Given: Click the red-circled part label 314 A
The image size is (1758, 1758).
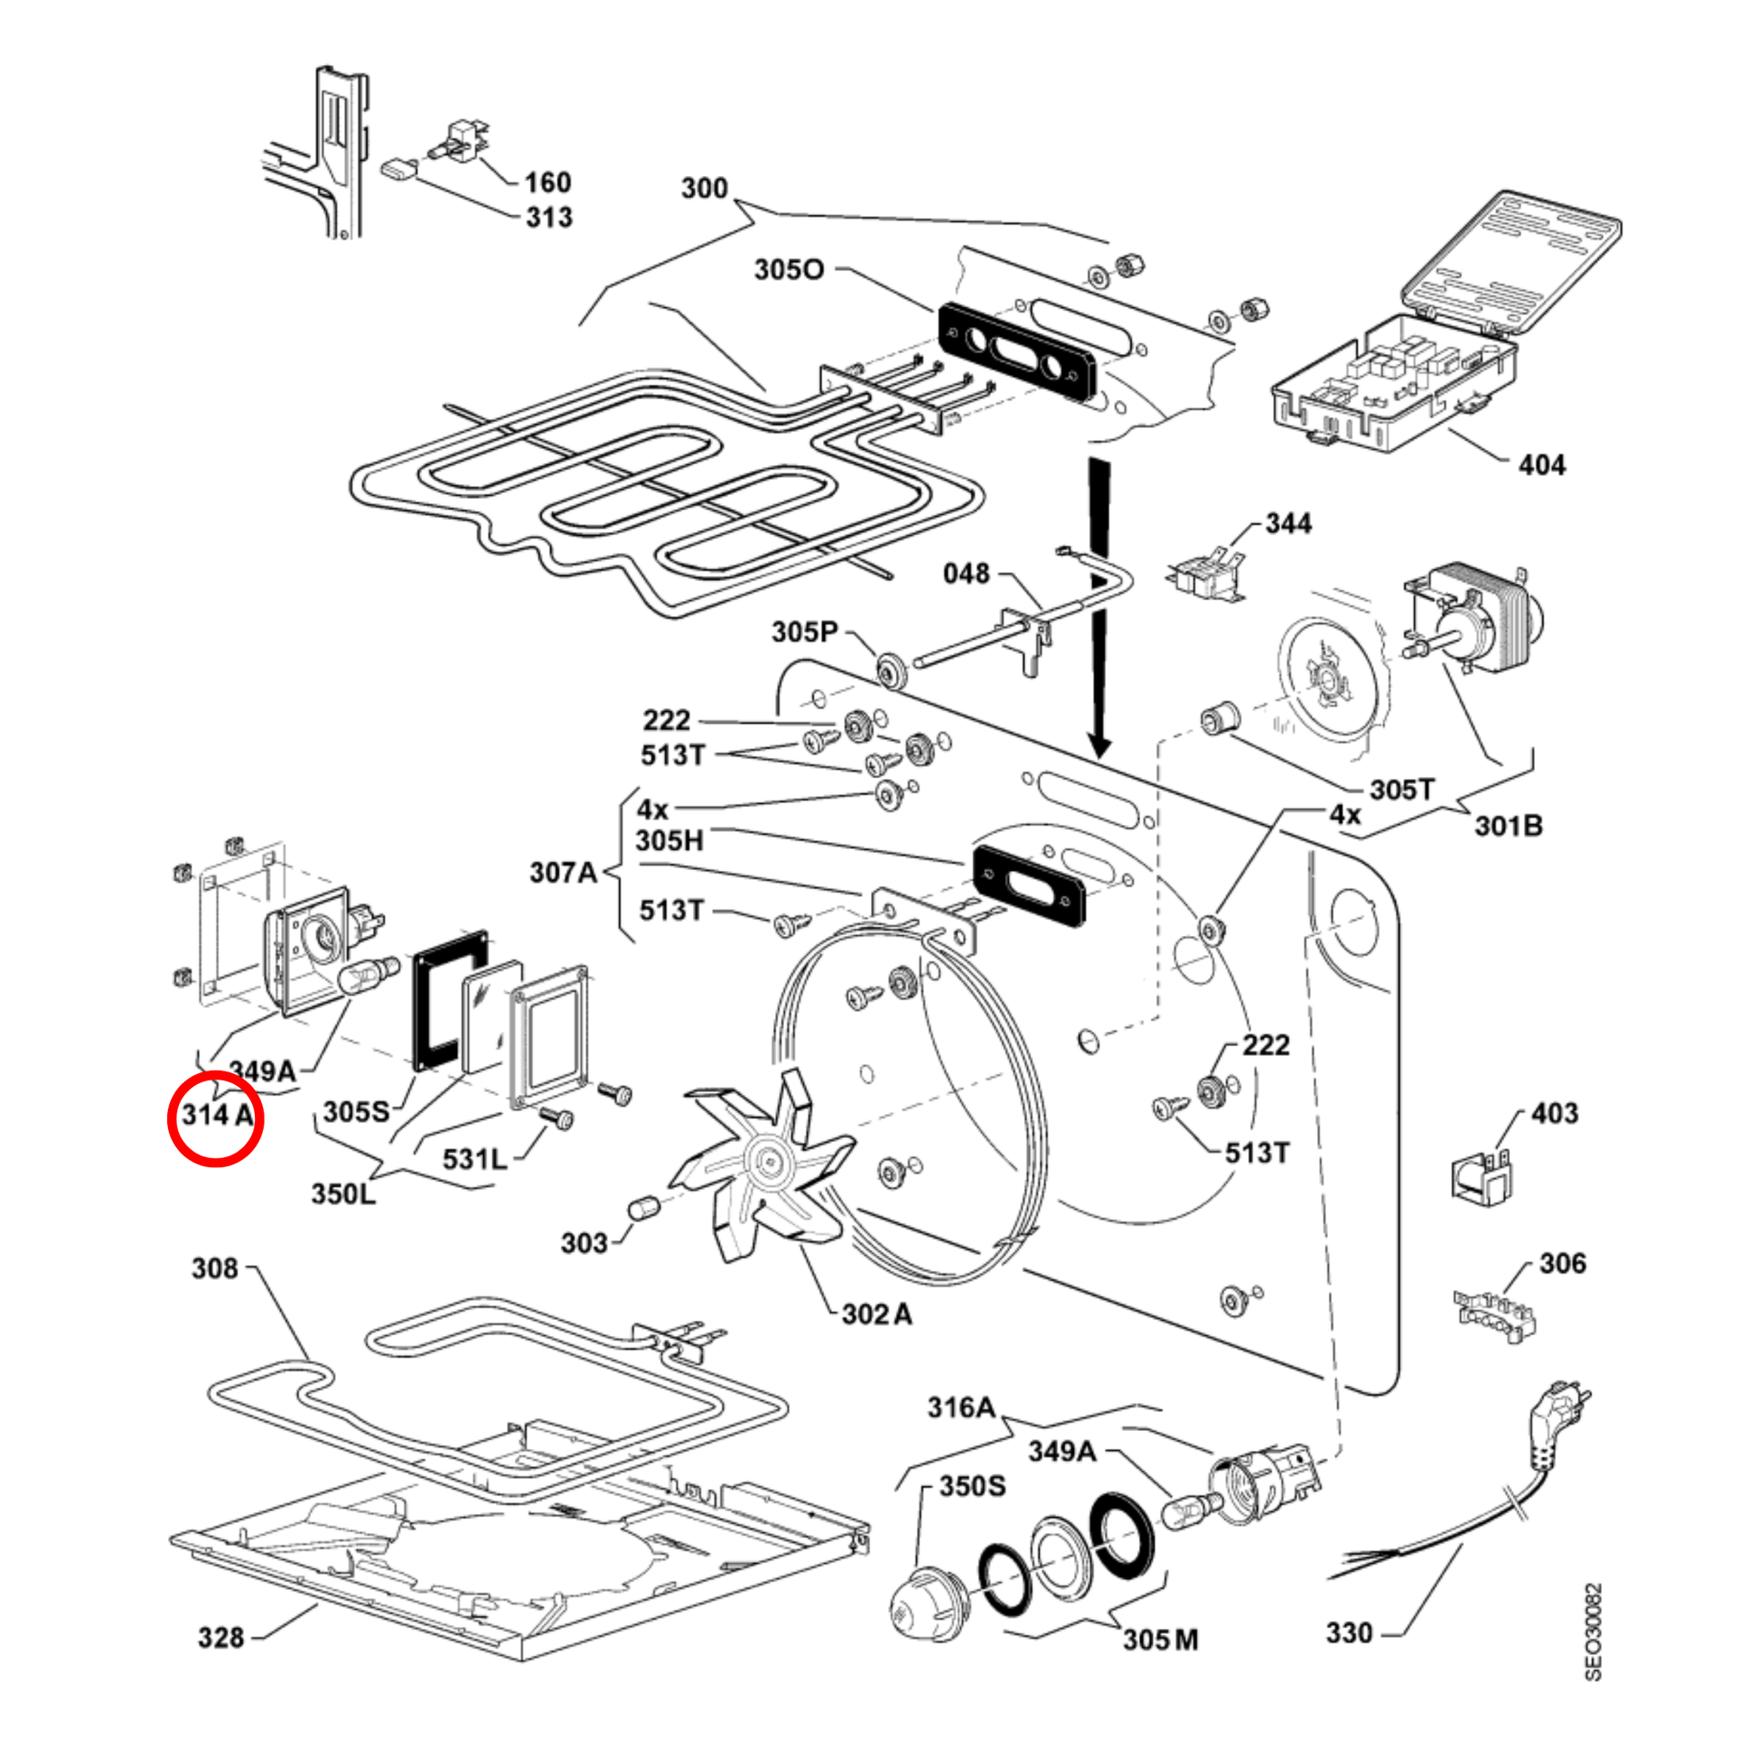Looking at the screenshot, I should coord(217,1115).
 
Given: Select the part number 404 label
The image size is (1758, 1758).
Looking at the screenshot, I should coord(1541,466).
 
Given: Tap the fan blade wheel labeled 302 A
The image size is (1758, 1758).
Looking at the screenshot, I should coord(762,1162).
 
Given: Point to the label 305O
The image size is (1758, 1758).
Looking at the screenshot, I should coord(789,270).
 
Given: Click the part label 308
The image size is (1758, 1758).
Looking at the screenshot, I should coord(215,1268).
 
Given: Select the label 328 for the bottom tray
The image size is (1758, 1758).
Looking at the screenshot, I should coord(221,1638).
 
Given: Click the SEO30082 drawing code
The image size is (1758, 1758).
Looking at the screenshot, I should coord(1594,1632).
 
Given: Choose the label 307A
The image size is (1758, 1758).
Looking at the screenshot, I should coord(563,874).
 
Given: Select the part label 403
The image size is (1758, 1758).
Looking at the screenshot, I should coord(1554,1114).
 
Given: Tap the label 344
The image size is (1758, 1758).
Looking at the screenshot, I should coord(1288,524).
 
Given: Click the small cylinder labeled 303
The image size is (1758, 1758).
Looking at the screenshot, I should coord(643,1210).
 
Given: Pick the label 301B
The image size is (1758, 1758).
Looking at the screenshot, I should coord(1509,827).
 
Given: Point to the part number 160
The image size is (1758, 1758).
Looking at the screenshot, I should coord(547,182).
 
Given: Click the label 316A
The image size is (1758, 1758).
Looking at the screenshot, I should coord(961,1407).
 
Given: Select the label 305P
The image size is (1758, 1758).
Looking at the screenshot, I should coord(805,631).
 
